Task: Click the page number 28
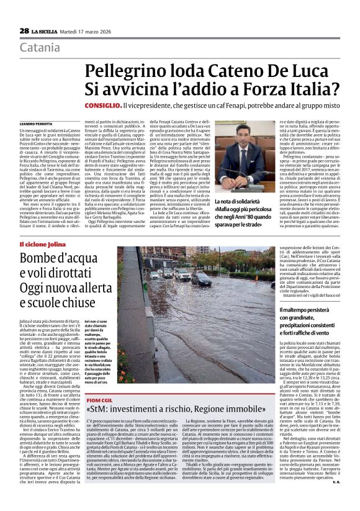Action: pyautogui.click(x=24, y=30)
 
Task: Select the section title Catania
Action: pyautogui.click(x=40, y=48)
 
